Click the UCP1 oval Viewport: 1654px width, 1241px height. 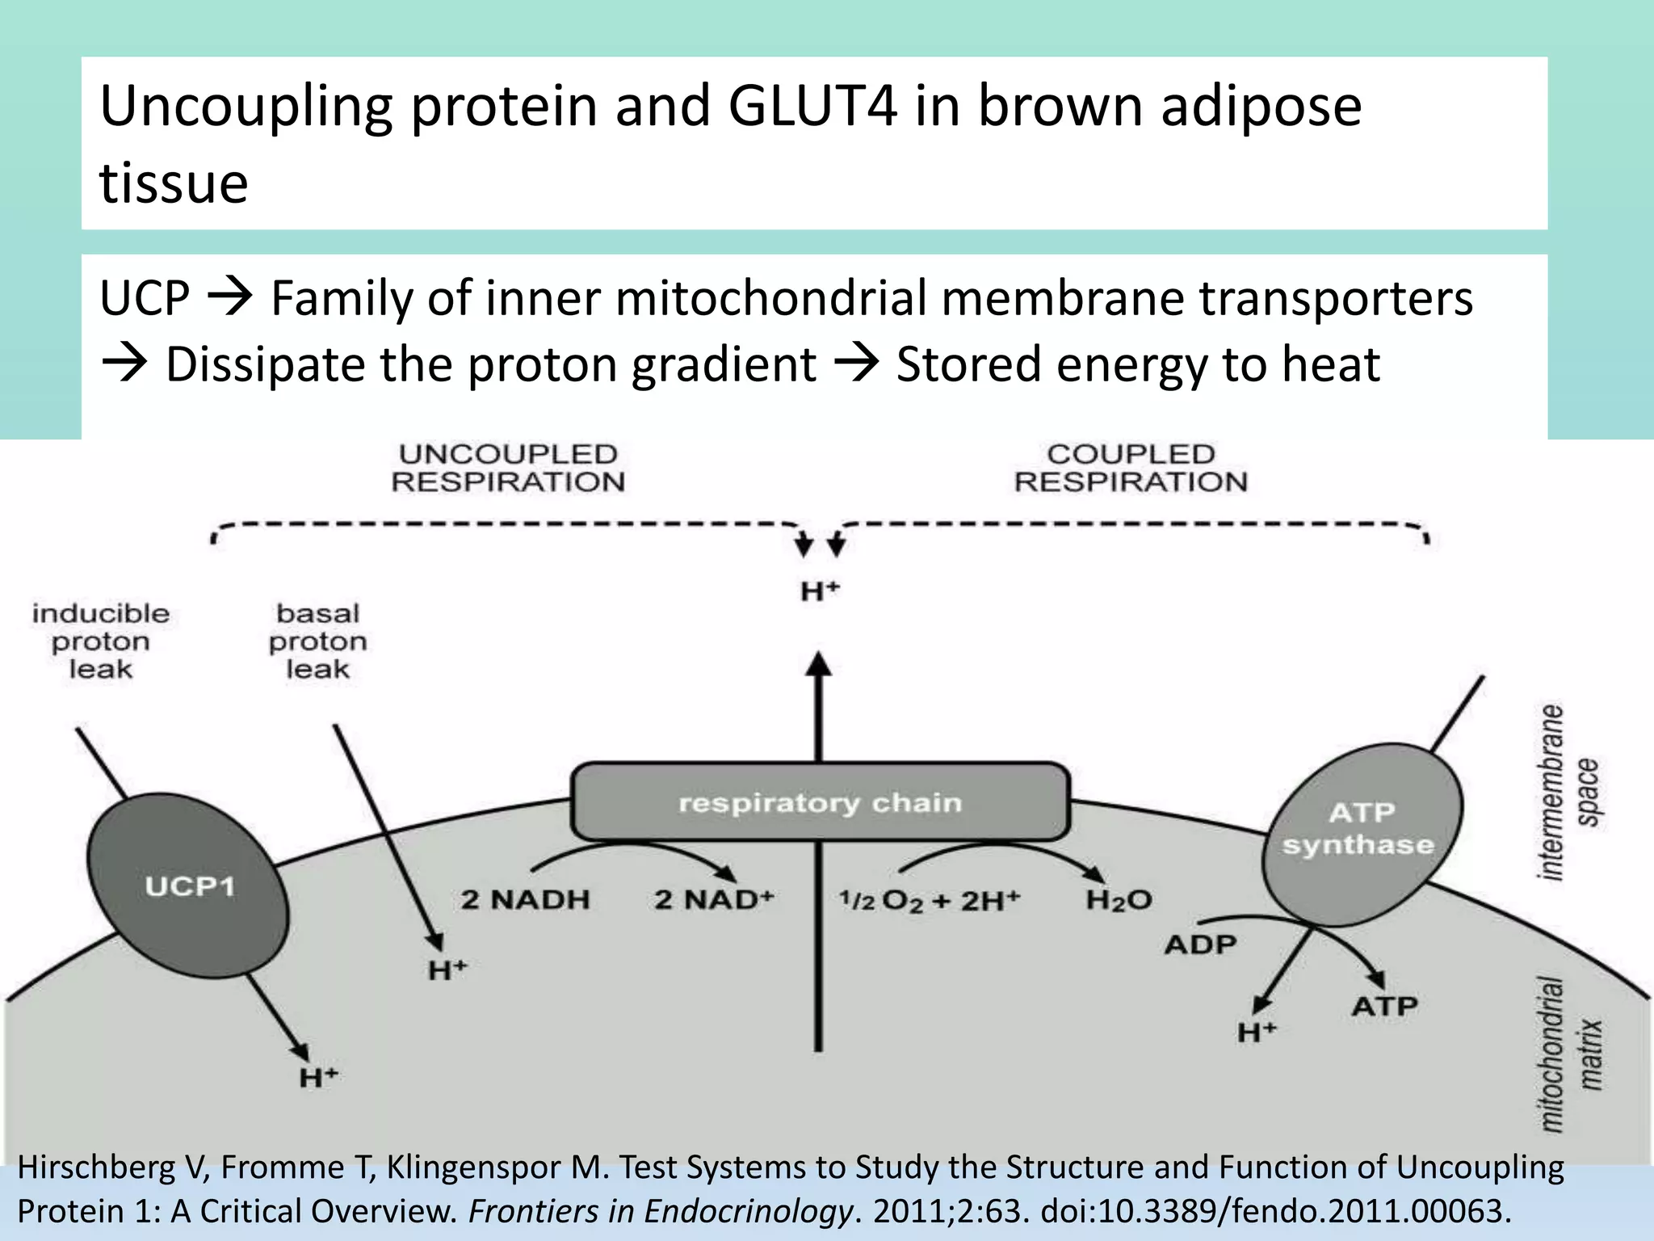point(188,886)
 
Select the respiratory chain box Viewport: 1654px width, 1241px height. point(820,802)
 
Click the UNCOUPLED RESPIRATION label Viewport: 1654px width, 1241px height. point(508,468)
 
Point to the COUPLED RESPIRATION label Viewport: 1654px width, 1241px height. point(1131,468)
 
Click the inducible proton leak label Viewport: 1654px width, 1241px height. point(101,642)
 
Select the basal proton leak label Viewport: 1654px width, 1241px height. point(317,642)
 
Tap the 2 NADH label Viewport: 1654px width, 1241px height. point(525,899)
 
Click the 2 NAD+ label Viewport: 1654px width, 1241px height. point(714,899)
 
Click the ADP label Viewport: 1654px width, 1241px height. point(1200,944)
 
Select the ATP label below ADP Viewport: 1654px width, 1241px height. point(1384,1007)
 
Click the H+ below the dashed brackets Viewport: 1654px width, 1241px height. point(820,591)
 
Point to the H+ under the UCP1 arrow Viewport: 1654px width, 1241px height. point(318,1078)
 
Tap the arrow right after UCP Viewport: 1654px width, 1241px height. point(230,298)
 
